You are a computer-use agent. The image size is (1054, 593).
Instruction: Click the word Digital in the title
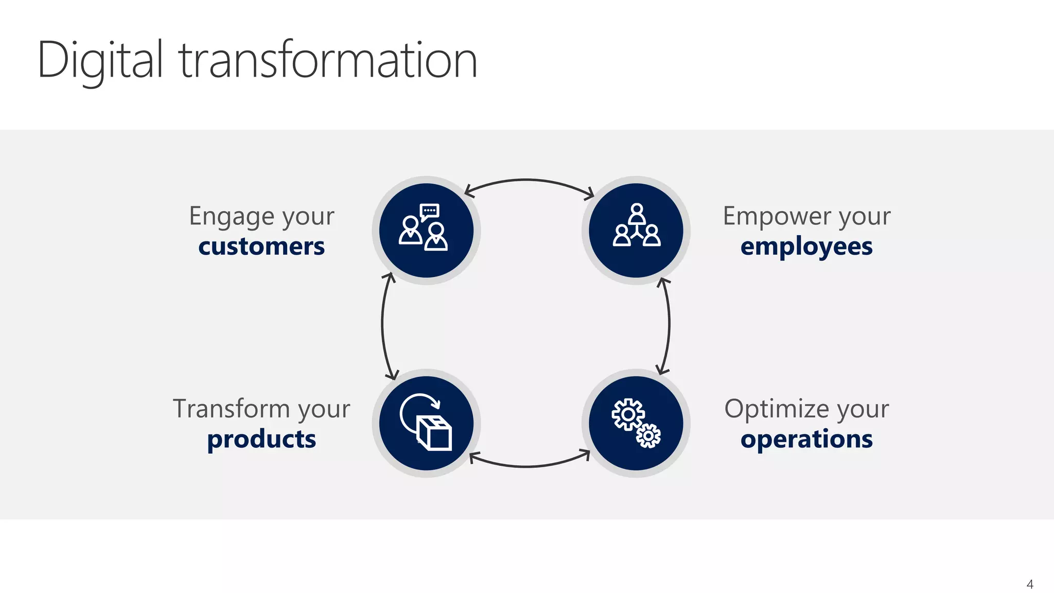coord(100,61)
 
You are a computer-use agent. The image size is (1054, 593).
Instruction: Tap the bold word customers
coord(261,247)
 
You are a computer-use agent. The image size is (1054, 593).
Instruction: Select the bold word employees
coord(806,247)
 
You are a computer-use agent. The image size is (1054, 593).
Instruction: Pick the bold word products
coord(261,439)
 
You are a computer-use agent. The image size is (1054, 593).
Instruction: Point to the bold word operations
coord(806,439)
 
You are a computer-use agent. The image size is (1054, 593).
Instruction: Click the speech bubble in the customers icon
coord(430,211)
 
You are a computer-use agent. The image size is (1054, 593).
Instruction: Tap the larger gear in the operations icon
coord(628,414)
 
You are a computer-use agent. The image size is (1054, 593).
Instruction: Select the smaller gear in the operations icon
coord(648,436)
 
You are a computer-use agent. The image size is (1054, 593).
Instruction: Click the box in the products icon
coord(435,433)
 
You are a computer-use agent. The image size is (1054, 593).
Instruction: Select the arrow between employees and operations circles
coord(669,324)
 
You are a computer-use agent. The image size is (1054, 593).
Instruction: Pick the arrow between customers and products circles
coord(382,324)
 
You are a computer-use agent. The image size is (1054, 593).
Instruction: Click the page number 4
coord(1030,584)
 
